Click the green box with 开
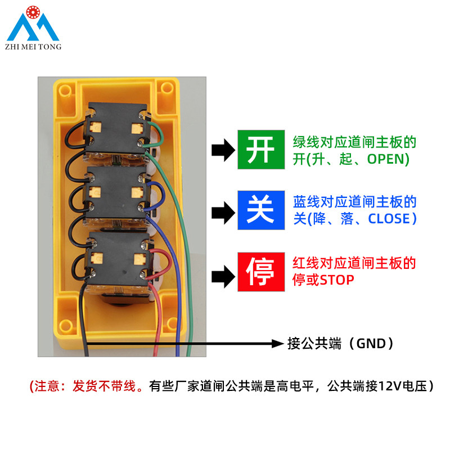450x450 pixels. coord(260,150)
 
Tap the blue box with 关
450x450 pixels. coord(260,210)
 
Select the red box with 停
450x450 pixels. coord(260,272)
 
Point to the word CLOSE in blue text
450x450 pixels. coord(389,218)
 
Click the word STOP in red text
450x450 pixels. coord(337,280)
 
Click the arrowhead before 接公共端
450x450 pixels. coord(277,343)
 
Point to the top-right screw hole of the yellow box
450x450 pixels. coord(167,88)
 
